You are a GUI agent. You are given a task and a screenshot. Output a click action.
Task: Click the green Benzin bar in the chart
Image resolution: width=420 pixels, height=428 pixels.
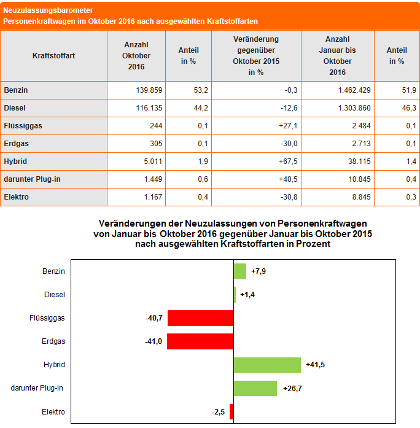(239, 271)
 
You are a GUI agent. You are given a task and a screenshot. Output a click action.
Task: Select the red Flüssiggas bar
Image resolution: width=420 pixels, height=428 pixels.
(200, 318)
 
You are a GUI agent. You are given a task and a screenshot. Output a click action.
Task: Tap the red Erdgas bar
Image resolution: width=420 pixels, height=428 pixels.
(200, 341)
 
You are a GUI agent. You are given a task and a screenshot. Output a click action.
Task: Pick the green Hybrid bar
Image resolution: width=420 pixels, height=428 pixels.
(267, 365)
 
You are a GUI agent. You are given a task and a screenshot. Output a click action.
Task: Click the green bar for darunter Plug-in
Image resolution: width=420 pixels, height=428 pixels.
(255, 388)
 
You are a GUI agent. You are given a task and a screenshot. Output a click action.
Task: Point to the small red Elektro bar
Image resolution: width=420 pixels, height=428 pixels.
(231, 411)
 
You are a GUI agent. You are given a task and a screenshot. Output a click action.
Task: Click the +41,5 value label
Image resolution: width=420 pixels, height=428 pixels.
(316, 365)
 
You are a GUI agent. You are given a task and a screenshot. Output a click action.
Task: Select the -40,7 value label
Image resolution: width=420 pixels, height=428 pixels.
(154, 318)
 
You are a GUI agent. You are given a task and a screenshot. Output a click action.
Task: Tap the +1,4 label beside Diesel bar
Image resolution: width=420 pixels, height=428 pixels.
(247, 295)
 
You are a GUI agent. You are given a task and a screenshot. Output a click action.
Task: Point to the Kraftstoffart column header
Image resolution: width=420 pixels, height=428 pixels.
(54, 56)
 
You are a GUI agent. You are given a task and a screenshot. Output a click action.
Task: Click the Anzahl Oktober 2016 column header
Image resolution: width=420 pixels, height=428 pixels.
(136, 56)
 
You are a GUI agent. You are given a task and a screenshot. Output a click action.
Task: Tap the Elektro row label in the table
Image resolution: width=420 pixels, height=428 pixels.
(16, 197)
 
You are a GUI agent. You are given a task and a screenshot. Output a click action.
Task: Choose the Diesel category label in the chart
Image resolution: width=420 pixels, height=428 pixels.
(55, 295)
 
